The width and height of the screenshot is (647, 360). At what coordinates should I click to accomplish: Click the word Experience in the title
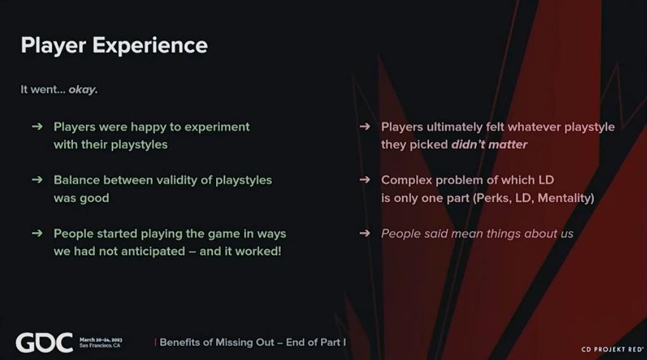tap(150, 46)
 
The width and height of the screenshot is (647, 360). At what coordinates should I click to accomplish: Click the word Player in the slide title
tap(53, 46)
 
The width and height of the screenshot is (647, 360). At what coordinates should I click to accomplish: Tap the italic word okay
tap(83, 90)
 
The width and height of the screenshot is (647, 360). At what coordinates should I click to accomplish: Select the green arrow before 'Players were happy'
tap(37, 127)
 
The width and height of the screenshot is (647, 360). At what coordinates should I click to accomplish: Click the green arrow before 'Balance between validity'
tap(37, 179)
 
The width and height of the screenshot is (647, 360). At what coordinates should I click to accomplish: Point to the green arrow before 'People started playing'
tap(37, 233)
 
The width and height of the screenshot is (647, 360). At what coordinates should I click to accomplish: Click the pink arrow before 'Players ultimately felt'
tap(365, 127)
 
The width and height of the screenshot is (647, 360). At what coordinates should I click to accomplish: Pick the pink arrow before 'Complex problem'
tap(365, 179)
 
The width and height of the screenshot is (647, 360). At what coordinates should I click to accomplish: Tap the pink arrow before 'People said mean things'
tap(365, 233)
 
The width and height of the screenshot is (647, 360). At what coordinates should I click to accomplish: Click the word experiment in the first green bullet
tap(217, 127)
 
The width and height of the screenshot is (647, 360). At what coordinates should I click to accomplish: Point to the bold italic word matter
tap(510, 144)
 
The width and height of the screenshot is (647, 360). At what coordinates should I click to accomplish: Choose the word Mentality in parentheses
tap(565, 198)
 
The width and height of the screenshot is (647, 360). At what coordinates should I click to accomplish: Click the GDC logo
tap(44, 343)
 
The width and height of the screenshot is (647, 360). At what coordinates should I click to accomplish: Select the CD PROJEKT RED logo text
tap(612, 349)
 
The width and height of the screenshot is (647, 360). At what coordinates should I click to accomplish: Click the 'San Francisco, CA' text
tap(100, 345)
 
